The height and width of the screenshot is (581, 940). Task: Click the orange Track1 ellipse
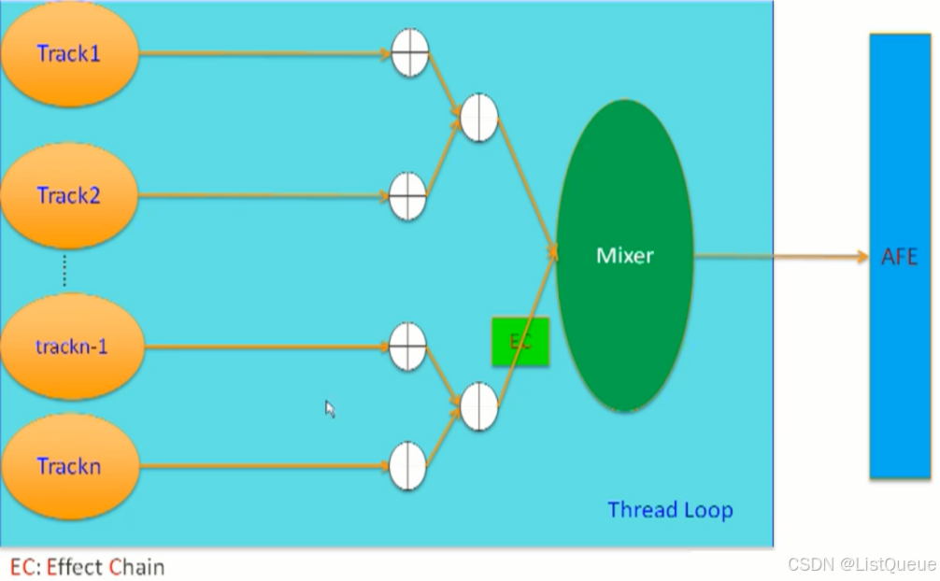(x=69, y=54)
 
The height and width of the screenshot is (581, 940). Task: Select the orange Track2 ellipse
(x=69, y=196)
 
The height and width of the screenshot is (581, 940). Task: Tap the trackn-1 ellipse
(x=71, y=347)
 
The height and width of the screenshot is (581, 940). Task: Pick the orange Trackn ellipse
(x=69, y=465)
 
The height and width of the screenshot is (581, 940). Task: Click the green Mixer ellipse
(x=625, y=255)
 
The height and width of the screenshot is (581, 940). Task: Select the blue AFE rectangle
(x=899, y=256)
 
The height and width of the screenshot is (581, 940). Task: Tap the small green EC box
(x=520, y=342)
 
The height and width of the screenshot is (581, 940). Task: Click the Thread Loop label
(x=670, y=510)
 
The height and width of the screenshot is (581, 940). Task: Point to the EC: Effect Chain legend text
(x=88, y=566)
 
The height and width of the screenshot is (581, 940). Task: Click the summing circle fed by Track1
(x=408, y=52)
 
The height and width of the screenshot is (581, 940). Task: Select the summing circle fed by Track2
(x=407, y=196)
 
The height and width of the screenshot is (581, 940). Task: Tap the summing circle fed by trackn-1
(x=407, y=347)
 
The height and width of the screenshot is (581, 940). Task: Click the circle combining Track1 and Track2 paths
(x=479, y=118)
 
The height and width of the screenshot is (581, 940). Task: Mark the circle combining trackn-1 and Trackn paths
(x=479, y=406)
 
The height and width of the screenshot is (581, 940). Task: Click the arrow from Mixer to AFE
(x=780, y=256)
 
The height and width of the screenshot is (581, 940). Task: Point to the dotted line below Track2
(x=64, y=270)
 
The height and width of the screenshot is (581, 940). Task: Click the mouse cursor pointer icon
(x=329, y=408)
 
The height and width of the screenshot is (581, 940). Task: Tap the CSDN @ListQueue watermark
(x=861, y=564)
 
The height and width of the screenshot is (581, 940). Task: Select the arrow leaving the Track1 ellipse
(x=262, y=54)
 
